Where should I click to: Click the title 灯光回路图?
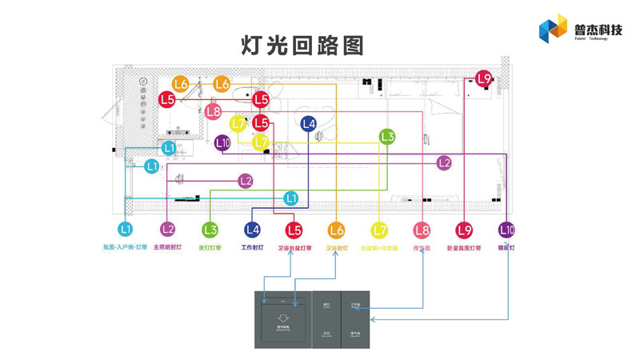click(302, 46)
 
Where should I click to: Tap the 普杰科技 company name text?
click(598, 30)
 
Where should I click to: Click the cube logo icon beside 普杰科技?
click(553, 30)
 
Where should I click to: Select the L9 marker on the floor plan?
click(483, 79)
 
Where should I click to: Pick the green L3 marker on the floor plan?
click(387, 137)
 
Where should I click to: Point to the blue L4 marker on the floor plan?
click(308, 123)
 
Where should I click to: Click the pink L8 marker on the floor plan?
click(213, 112)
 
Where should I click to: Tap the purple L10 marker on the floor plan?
click(223, 143)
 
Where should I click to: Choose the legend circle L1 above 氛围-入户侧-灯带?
click(125, 230)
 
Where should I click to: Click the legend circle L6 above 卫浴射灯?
click(337, 230)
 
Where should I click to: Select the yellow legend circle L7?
click(379, 230)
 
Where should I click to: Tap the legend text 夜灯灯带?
click(210, 248)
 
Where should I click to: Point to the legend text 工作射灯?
click(252, 248)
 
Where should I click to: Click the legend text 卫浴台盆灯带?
click(294, 248)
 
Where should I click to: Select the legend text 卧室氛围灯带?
click(464, 248)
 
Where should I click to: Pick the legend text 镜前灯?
click(506, 248)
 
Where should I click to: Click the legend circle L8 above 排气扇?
click(422, 230)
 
